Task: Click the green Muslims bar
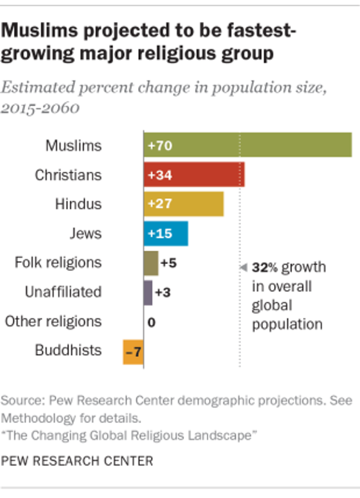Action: point(247,145)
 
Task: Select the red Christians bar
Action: point(194,175)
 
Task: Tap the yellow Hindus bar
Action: point(184,204)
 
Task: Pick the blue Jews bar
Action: point(166,234)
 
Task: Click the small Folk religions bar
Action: point(151,263)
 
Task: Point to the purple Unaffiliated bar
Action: point(148,292)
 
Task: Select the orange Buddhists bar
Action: point(133,352)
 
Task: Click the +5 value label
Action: point(169,263)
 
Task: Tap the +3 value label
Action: point(163,292)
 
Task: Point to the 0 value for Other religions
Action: point(151,323)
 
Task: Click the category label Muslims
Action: point(74,145)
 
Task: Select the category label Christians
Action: point(68,175)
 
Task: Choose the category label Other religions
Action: point(53,322)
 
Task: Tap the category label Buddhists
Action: point(68,351)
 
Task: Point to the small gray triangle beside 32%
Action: point(244,267)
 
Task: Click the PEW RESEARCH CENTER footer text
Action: point(77,460)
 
